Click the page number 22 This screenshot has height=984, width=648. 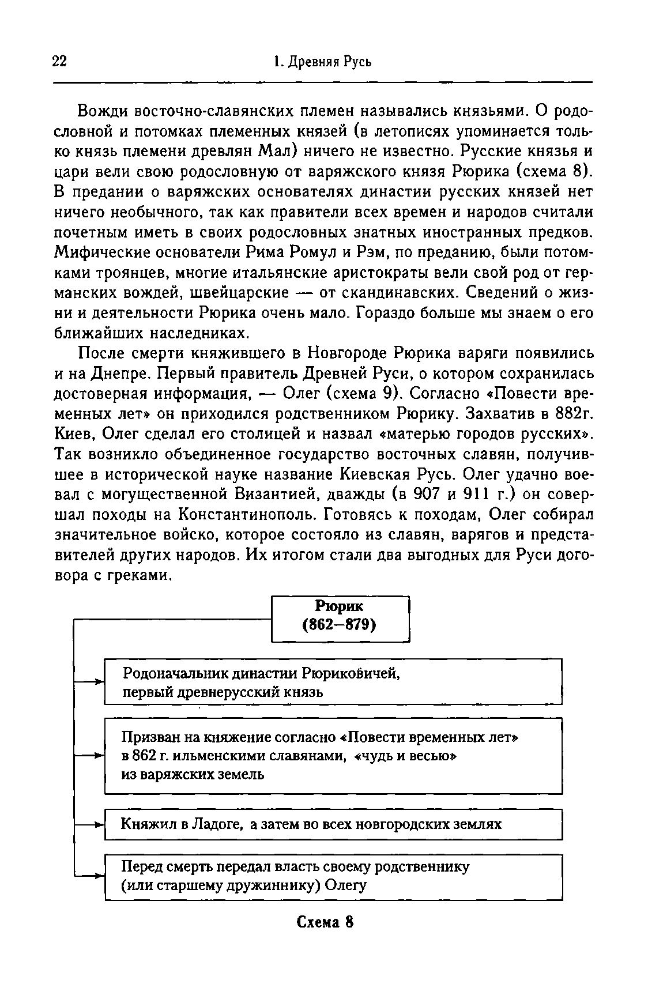click(x=59, y=62)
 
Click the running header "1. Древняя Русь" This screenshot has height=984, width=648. click(x=323, y=62)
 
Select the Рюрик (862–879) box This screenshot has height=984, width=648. click(x=340, y=619)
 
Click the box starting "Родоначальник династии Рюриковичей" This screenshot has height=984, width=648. click(x=333, y=682)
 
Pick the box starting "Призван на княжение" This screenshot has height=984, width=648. click(x=333, y=755)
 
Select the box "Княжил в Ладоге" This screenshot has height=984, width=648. click(x=333, y=824)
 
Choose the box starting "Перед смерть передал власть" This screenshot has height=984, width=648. click(x=333, y=876)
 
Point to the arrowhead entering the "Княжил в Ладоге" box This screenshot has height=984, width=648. click(x=99, y=825)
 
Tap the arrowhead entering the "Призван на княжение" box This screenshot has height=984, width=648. click(x=99, y=755)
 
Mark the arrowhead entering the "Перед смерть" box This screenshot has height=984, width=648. click(x=99, y=876)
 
